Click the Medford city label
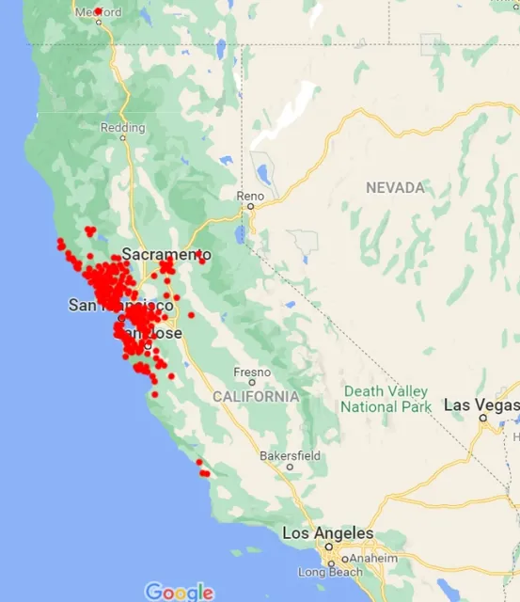coord(98,12)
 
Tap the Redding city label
coord(122,127)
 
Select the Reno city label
coord(251,196)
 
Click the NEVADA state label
coord(395,188)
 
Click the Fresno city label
coord(252,371)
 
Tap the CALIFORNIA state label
coord(256,396)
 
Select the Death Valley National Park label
coord(386,399)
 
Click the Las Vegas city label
coord(480,404)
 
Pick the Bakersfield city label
coord(290,456)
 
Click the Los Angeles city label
coord(327,533)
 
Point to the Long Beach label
coord(324,572)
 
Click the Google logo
coord(179,592)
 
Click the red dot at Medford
coord(98,11)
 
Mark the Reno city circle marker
coord(251,205)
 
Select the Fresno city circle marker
coord(252,382)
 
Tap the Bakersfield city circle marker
coord(290,467)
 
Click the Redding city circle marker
coord(122,137)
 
